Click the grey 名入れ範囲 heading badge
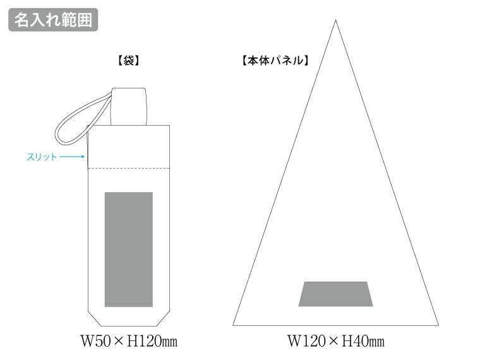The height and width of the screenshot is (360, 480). click(53, 20)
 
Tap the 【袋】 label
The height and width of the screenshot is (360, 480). click(129, 61)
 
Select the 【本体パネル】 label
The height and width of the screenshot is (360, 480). click(275, 61)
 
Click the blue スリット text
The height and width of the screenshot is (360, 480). click(42, 157)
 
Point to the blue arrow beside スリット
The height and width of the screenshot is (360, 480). click(72, 157)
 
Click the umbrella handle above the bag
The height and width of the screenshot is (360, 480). click(129, 107)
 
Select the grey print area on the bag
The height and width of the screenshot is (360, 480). click(129, 249)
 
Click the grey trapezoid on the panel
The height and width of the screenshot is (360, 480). click(336, 294)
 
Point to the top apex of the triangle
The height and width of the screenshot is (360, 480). click(335, 20)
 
